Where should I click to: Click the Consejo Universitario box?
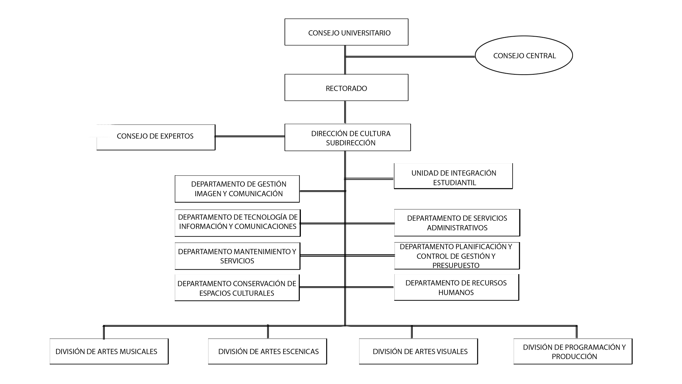point(346,32)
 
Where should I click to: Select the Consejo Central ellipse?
point(524,55)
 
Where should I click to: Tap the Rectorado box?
point(346,87)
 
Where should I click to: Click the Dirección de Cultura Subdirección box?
point(348,137)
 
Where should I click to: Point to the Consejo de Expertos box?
point(156,137)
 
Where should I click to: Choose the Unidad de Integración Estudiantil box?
point(453,176)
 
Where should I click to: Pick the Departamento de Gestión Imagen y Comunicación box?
point(237,189)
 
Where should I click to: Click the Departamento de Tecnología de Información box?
point(238,223)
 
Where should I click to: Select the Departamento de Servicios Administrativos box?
point(457,223)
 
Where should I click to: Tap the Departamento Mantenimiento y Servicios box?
point(238,256)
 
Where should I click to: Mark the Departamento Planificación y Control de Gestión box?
point(457,256)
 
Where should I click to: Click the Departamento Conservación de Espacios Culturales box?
point(237,288)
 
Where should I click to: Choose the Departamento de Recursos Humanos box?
point(457,287)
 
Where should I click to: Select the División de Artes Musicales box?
point(109,351)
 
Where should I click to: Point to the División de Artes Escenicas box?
point(267,351)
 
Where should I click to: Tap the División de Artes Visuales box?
point(418,351)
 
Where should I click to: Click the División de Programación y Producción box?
point(573,351)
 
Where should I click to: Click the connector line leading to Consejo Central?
point(410,57)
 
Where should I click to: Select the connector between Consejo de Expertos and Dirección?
point(250,136)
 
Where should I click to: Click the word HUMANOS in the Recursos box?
point(456,292)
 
